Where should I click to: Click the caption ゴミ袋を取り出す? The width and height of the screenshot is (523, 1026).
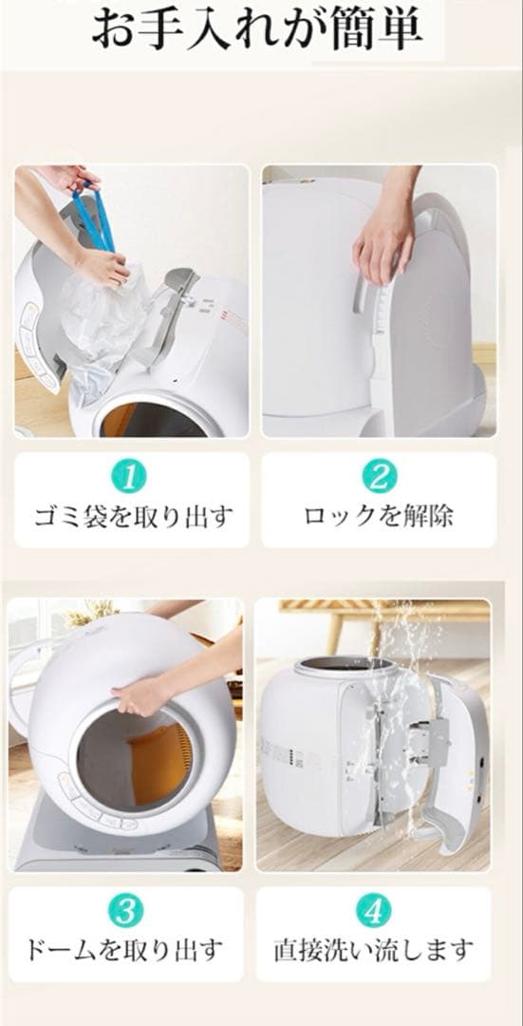click(x=132, y=517)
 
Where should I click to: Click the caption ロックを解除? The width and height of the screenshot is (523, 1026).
click(x=379, y=517)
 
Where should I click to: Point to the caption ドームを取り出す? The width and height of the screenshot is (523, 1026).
click(x=126, y=949)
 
